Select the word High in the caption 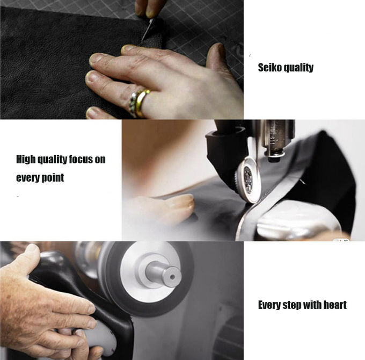click(x=26, y=160)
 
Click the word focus click(x=81, y=159)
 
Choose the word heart click(x=336, y=305)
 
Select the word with click(x=313, y=305)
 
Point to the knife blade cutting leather click(x=147, y=29)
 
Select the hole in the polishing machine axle click(x=172, y=277)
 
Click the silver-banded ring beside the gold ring click(x=134, y=103)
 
